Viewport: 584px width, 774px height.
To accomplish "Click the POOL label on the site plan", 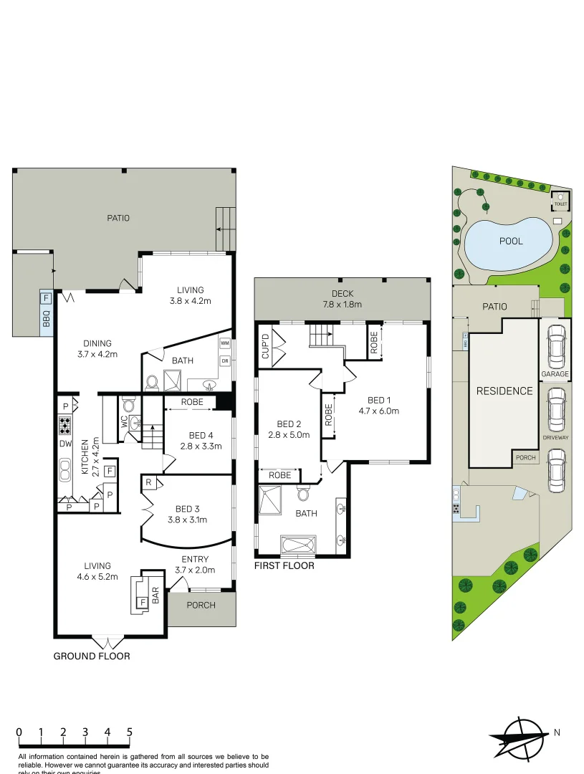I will [x=511, y=241].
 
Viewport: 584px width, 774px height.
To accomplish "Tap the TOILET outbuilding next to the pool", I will [x=560, y=200].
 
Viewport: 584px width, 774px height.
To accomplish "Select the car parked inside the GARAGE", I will [x=555, y=347].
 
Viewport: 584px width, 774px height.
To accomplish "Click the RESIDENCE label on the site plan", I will [x=504, y=391].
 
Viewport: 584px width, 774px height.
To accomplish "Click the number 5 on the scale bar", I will [x=130, y=732].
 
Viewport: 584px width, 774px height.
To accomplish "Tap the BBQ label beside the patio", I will [x=46, y=318].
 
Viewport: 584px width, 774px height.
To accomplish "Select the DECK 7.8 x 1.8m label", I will [x=342, y=299].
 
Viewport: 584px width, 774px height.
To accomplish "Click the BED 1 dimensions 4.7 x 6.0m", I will [x=378, y=411].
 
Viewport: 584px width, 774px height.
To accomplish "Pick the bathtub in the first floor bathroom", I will [x=297, y=545].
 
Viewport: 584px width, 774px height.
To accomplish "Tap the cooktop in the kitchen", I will [x=65, y=427].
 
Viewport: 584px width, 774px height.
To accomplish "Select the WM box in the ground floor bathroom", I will [x=224, y=344].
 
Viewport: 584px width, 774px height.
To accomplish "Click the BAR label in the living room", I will [x=155, y=594].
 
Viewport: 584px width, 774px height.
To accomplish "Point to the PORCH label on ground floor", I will [x=201, y=605].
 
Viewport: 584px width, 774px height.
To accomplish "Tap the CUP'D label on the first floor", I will [x=265, y=345].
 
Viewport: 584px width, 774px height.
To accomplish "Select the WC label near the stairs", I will [x=123, y=424].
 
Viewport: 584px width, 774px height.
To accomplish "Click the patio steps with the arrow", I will [x=225, y=229].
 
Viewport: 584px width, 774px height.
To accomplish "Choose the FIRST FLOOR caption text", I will [x=284, y=565].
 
